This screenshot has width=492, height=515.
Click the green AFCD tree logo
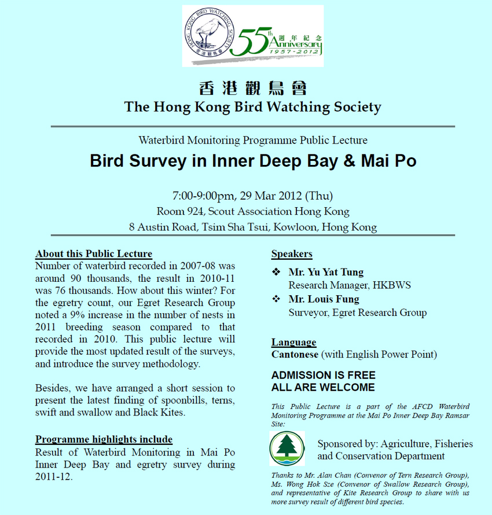pos(287,448)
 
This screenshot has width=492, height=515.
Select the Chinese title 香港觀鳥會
pos(252,89)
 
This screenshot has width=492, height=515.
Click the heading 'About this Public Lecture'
pos(94,254)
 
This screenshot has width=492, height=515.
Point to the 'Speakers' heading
pos(292,254)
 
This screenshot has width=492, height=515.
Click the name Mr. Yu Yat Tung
pos(326,272)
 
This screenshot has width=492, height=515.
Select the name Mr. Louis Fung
pos(324,299)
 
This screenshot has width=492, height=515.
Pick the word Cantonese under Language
pos(295,354)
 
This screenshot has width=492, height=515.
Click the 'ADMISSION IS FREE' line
pos(323,375)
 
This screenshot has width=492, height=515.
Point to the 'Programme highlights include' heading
pos(104,440)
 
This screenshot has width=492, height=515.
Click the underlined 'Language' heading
pos(293,342)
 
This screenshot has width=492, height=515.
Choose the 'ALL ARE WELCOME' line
pos(323,388)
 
